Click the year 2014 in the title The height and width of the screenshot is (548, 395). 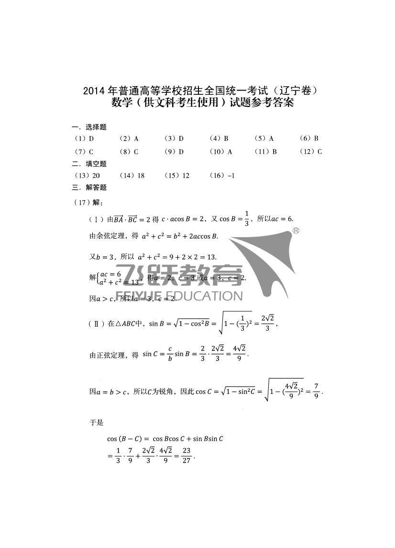94,91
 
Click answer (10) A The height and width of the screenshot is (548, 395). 221,152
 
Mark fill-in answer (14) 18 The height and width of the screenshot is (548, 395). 132,176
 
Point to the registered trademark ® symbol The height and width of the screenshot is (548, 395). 296,231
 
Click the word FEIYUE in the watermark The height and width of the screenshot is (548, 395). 135,295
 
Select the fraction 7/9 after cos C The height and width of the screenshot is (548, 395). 316,391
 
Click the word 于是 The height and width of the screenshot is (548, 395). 97,423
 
